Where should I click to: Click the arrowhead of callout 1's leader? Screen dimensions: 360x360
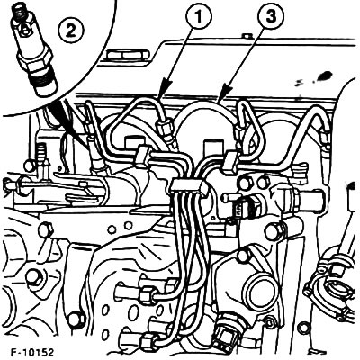(162, 93)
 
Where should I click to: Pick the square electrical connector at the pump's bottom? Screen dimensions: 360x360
(222, 332)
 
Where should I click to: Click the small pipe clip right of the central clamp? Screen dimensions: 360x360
(231, 163)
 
